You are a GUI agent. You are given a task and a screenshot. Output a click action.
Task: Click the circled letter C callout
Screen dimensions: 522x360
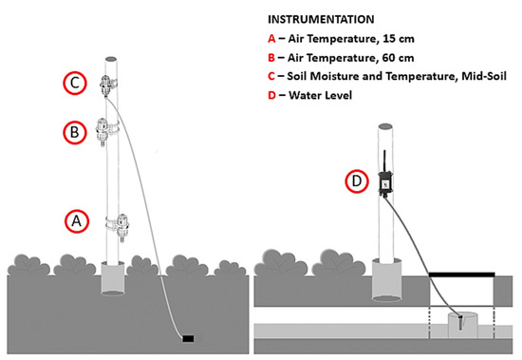tap(75, 83)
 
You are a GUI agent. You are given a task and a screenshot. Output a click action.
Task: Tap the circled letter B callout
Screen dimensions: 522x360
tap(75, 132)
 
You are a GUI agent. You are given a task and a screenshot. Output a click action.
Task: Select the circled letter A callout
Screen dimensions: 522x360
tap(77, 221)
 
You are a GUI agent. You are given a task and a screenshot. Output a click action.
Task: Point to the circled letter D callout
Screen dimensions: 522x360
tap(357, 181)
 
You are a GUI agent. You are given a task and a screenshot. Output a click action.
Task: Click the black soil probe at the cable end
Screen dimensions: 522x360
tap(188, 339)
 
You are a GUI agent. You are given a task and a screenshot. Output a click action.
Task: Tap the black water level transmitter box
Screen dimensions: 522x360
tap(385, 182)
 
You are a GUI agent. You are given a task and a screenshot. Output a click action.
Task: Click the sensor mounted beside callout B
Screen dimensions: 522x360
tap(104, 131)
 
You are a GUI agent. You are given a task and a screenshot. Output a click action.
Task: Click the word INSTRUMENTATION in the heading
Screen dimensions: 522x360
tap(321, 19)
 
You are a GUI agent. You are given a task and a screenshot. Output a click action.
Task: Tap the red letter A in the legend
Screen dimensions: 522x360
tap(271, 39)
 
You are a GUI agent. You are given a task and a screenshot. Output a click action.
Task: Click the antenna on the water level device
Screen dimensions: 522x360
tap(385, 161)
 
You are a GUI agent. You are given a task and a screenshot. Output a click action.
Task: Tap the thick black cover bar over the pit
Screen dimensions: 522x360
tap(462, 275)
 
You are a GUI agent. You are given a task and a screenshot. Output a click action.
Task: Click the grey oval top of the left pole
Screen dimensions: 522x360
tap(111, 59)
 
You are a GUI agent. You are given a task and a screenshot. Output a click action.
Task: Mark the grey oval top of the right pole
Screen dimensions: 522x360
tap(385, 126)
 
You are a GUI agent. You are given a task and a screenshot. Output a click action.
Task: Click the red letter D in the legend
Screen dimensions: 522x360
tap(271, 95)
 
